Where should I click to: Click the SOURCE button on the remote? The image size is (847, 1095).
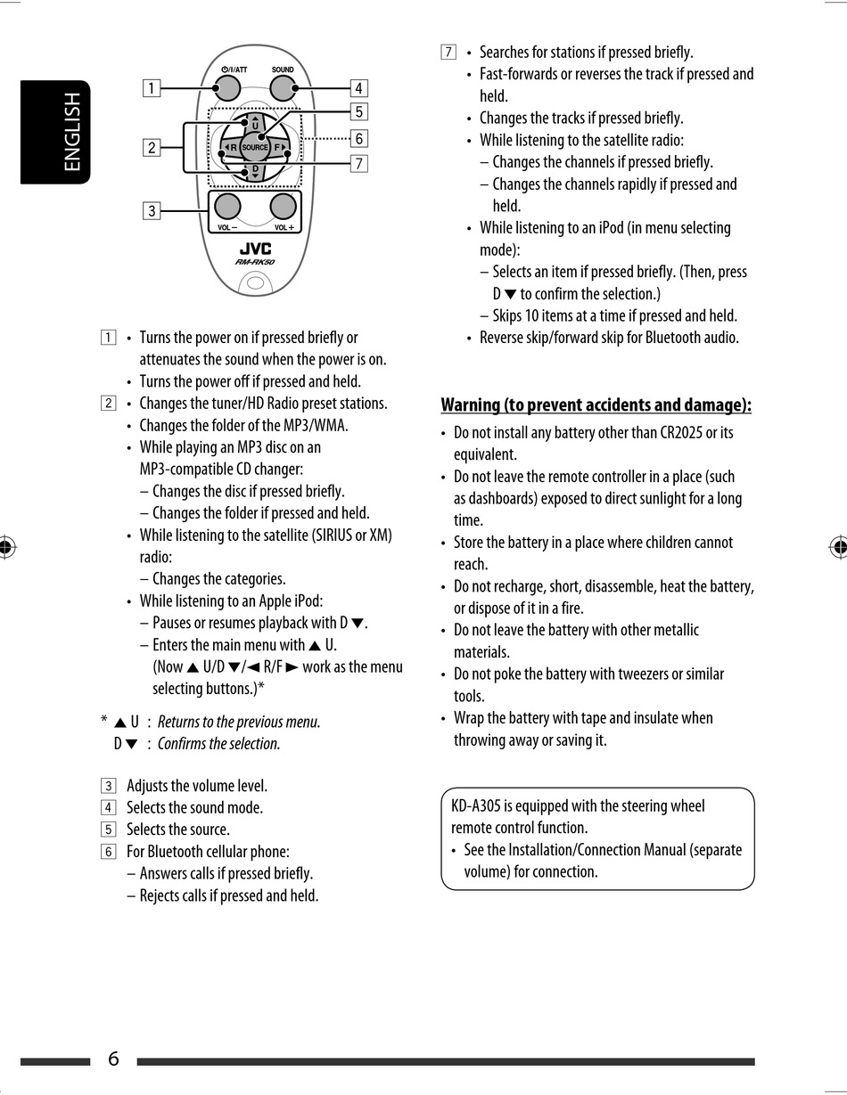(255, 147)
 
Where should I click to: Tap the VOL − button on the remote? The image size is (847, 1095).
(227, 207)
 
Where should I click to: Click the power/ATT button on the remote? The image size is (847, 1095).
(228, 87)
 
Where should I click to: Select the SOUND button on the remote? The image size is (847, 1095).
(283, 87)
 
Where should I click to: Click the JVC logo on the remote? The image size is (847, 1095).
(255, 249)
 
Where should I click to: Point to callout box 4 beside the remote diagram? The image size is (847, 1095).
(358, 87)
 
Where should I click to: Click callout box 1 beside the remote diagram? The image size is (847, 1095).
(152, 87)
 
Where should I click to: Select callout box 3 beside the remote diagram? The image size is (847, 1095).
(152, 210)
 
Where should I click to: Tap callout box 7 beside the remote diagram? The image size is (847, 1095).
(358, 163)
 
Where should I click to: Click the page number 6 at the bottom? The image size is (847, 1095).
(113, 1058)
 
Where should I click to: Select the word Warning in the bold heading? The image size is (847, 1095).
(471, 405)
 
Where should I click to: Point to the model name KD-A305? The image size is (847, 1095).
(480, 806)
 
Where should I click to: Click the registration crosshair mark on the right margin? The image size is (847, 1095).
(837, 547)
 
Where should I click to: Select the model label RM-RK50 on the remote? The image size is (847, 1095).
(255, 263)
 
